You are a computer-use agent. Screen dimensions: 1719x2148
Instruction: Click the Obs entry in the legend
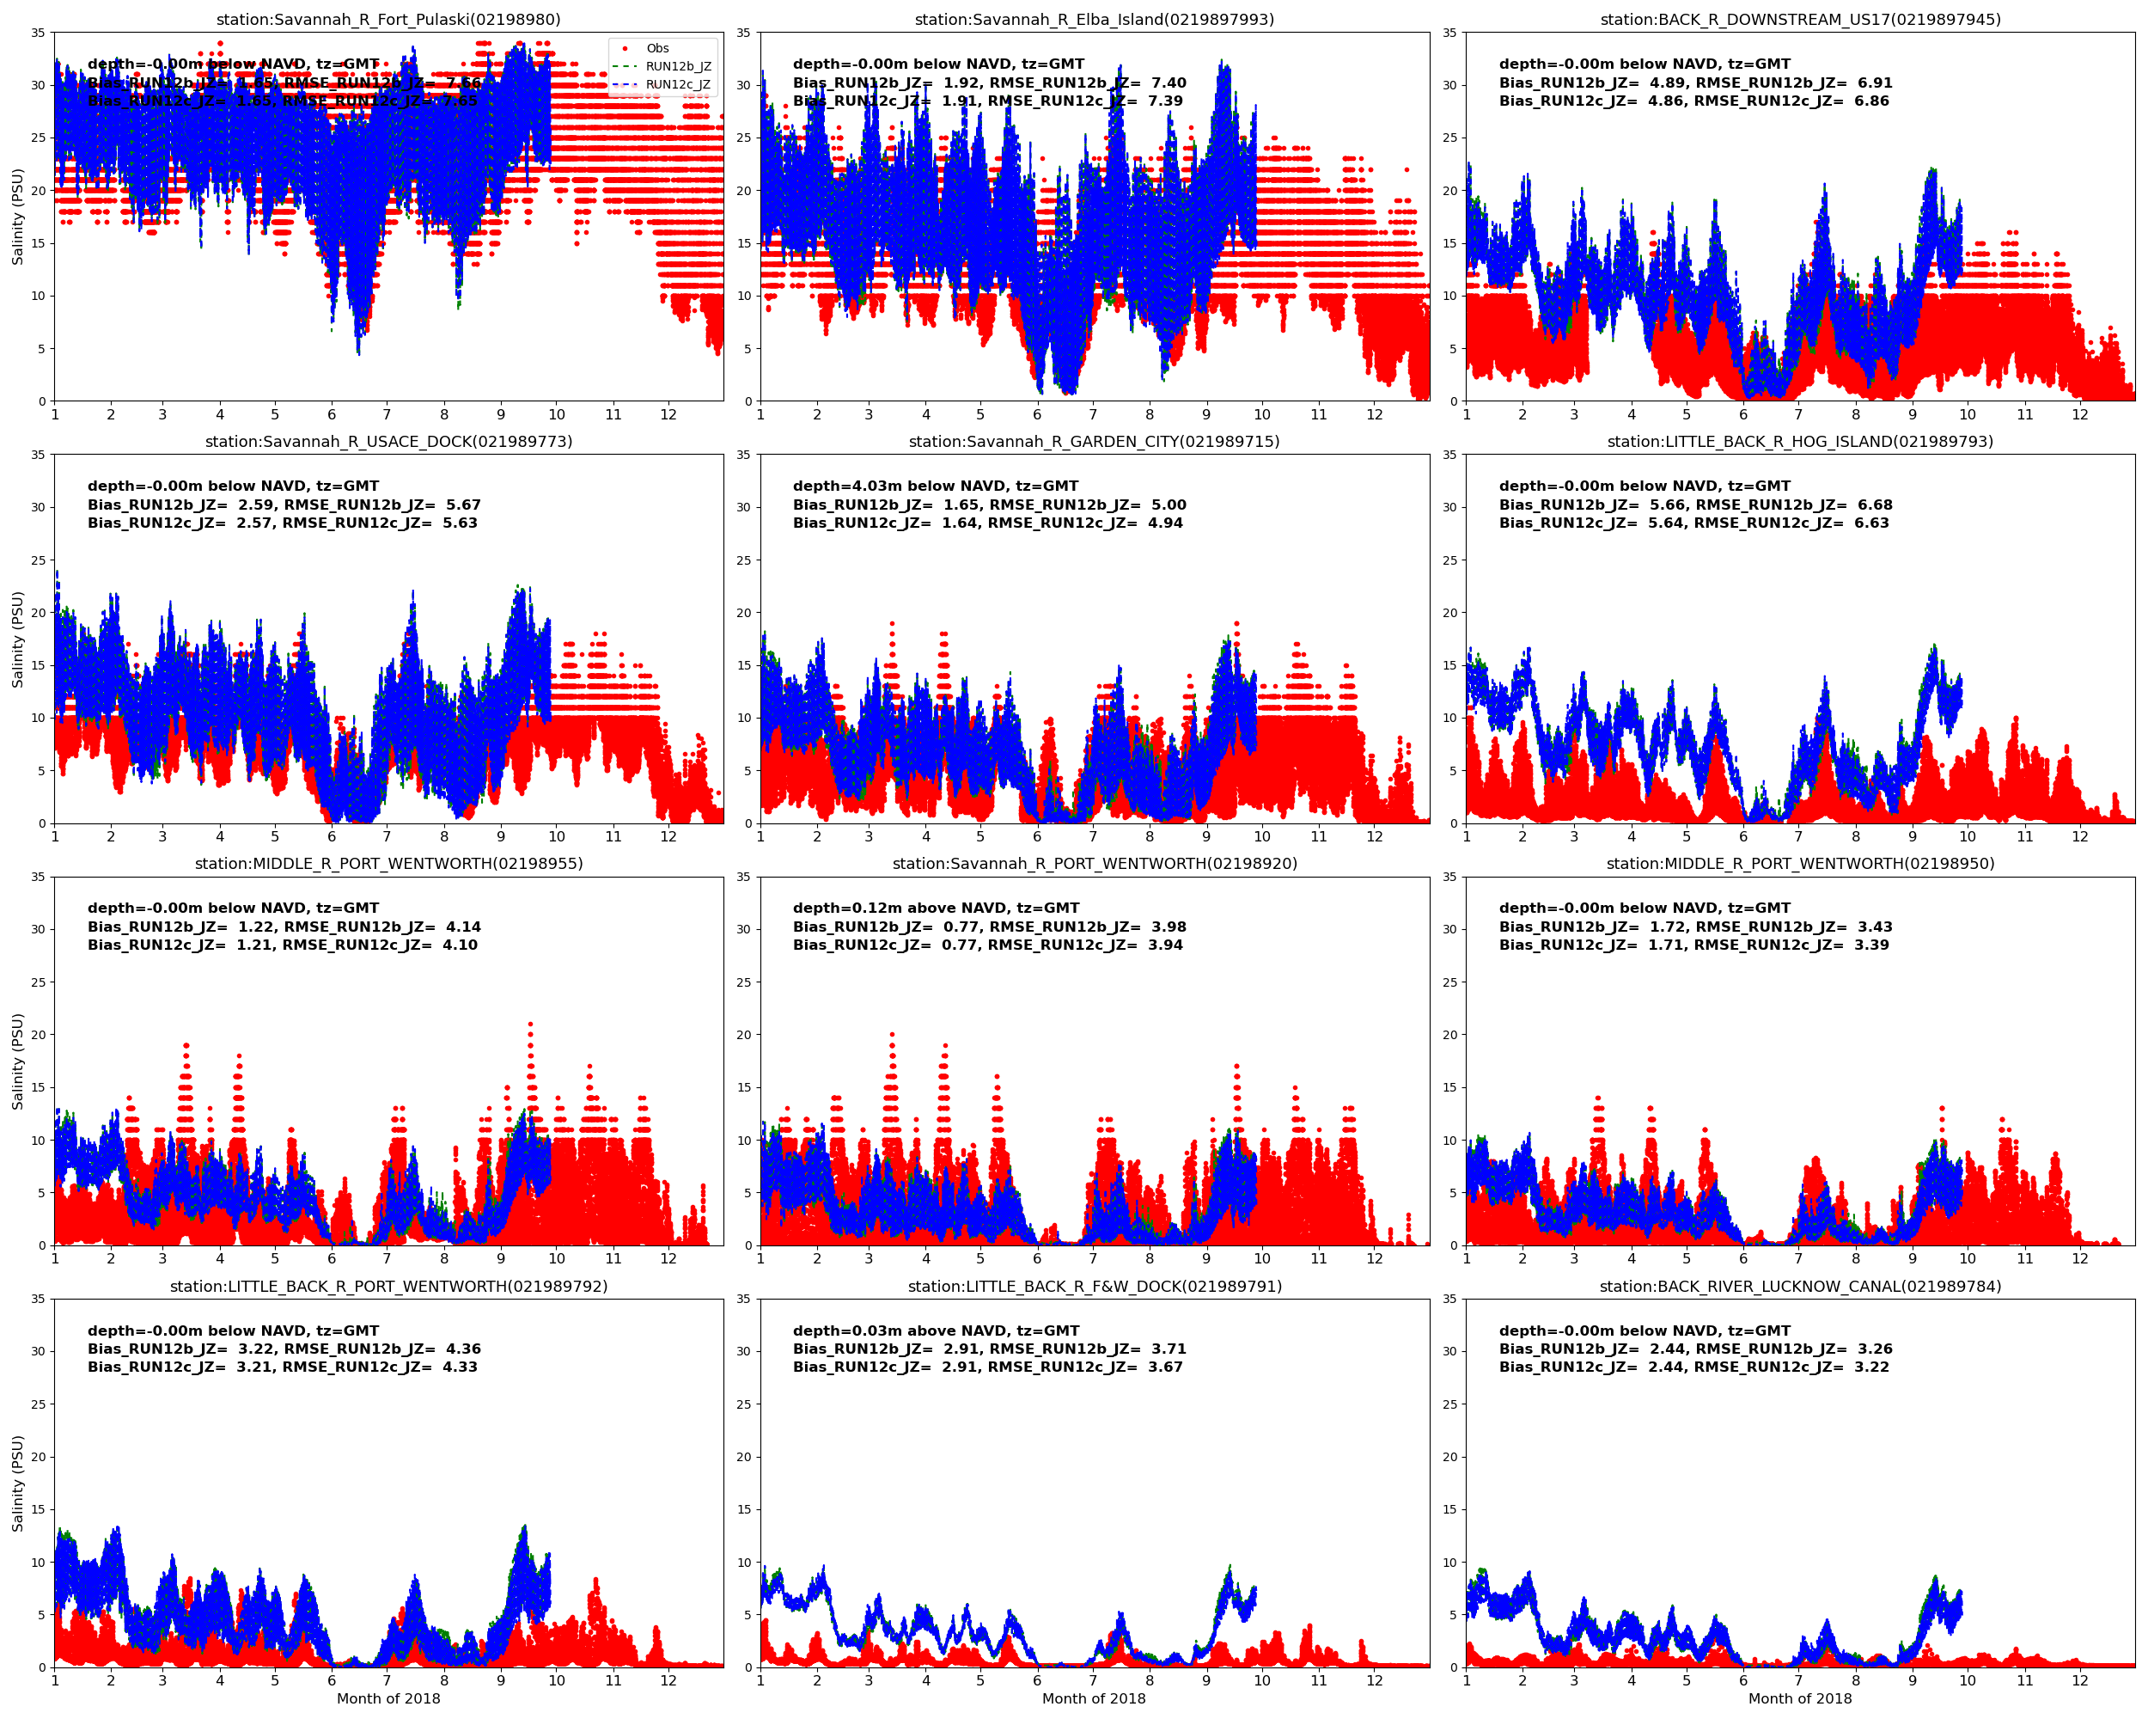coord(656,48)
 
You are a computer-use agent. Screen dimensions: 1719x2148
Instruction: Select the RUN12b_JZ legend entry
coord(677,66)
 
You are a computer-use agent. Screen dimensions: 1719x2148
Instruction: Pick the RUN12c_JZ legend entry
coord(677,83)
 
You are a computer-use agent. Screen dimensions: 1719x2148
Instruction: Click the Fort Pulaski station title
coord(388,19)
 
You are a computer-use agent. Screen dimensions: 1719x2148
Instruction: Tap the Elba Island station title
coord(1094,19)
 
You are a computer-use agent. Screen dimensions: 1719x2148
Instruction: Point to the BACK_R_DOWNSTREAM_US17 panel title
coord(1800,19)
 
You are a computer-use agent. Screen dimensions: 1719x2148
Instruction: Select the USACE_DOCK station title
coord(388,442)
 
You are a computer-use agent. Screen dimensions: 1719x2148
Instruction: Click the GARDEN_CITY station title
coord(1094,442)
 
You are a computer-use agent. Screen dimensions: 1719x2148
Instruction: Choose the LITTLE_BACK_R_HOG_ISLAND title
coord(1800,442)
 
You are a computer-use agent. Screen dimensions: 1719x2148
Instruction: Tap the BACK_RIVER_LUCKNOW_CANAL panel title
coord(1800,1287)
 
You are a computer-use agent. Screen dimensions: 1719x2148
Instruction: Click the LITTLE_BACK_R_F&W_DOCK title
coord(1094,1287)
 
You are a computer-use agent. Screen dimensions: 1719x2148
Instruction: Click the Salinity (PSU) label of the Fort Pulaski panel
coord(17,217)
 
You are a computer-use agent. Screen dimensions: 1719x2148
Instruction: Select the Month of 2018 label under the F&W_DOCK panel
coord(1094,1698)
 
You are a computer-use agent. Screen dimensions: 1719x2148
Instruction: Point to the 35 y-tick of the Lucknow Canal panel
coord(1449,1299)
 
